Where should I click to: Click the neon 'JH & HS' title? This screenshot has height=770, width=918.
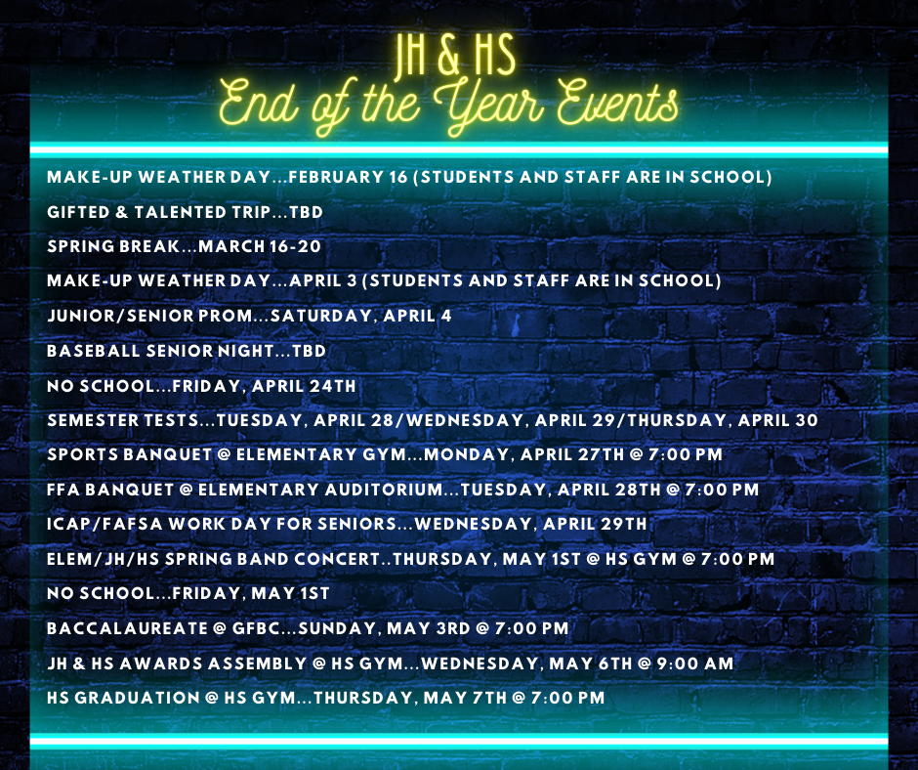click(x=454, y=58)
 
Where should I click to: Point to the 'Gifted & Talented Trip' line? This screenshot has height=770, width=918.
click(x=185, y=212)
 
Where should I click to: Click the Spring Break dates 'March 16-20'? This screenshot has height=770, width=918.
click(x=260, y=246)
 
